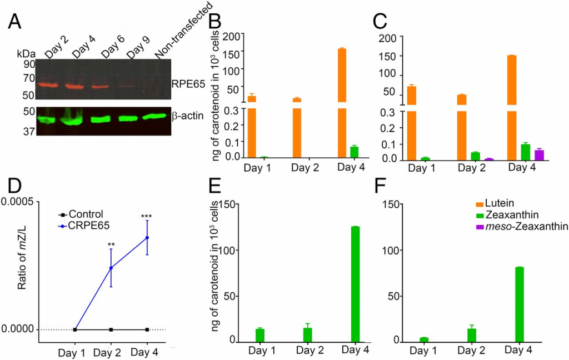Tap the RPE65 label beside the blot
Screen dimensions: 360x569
[188, 84]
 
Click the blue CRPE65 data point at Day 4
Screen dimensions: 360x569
[147, 238]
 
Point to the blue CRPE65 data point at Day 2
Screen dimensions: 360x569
[111, 268]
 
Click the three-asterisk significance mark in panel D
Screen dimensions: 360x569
[147, 217]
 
